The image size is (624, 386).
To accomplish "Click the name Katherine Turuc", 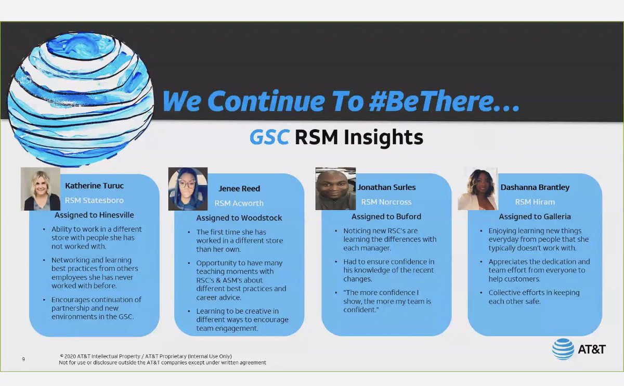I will coord(94,185).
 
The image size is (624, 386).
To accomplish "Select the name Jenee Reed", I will coord(239,189).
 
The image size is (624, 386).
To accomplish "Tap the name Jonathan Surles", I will coord(387,187).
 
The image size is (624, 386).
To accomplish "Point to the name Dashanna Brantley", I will coord(535,187).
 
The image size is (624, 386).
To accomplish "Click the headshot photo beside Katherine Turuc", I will coord(41,189).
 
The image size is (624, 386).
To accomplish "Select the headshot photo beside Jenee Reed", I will coord(188,189).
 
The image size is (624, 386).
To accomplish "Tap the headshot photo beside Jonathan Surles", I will coord(335,189).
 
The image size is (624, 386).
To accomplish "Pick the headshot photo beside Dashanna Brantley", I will coord(477,189).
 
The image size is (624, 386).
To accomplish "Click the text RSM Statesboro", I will coord(94,200).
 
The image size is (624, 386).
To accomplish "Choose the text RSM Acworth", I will coord(239,203).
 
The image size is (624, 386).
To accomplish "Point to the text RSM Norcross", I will coord(386,202).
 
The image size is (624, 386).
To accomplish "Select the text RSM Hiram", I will coord(535,202).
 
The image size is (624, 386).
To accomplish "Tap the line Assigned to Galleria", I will coord(535,216).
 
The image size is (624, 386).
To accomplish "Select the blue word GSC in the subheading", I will coord(269,137).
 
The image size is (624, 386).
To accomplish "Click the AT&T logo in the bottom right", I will coord(579,349).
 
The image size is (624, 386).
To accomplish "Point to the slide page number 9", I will coord(23,359).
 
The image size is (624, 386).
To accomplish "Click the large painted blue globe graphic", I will coord(81,99).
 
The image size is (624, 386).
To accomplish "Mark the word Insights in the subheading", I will coord(386,137).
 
